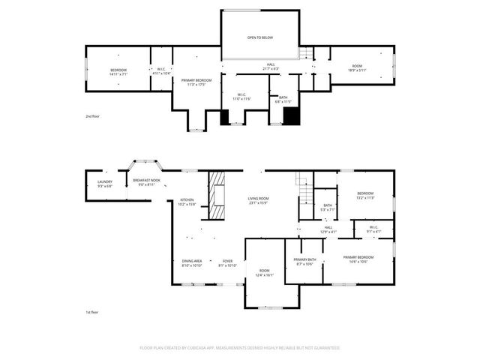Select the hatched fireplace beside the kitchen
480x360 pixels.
pos(217,196)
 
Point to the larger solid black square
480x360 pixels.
pos(292,116)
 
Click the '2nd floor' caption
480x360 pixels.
pos(92,118)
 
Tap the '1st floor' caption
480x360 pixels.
pos(91,311)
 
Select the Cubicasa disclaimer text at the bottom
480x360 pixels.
pos(240,348)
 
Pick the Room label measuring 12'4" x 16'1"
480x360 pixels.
pos(264,273)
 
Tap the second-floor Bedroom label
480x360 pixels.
pos(119,73)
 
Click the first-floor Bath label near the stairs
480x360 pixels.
pos(328,208)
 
